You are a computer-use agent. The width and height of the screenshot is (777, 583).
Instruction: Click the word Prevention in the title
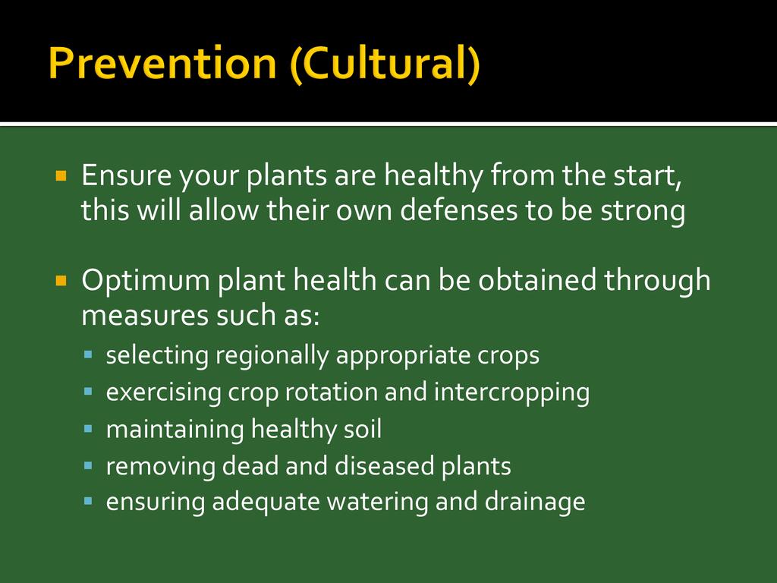(162, 63)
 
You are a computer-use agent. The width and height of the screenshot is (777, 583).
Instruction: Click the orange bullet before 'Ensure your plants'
(61, 175)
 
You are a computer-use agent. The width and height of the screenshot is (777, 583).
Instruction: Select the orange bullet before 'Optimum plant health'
(61, 281)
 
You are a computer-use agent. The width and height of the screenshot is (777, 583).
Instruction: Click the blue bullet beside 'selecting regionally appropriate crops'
(89, 355)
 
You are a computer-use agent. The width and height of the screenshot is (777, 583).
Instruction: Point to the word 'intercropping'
(512, 393)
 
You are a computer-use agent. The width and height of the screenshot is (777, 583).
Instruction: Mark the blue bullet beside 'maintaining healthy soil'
(89, 428)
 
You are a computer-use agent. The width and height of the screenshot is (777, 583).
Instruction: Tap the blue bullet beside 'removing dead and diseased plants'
(89, 465)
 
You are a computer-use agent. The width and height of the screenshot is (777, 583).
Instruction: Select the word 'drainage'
(535, 503)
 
